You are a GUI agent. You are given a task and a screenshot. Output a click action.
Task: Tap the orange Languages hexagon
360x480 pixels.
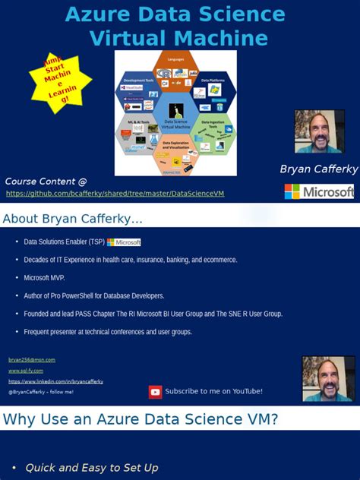coord(175,66)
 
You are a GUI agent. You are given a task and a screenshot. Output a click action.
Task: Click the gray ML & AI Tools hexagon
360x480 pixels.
coord(138,134)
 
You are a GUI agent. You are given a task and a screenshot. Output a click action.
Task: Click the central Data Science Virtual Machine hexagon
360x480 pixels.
coord(175,112)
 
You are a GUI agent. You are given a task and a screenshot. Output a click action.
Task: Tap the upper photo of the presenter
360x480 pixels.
coord(319,131)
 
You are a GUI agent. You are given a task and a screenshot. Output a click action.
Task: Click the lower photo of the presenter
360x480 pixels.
coord(328,378)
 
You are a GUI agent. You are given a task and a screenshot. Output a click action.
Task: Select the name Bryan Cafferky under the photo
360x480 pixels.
coord(318,169)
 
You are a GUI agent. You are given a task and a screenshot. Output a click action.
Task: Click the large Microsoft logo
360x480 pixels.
coord(319,191)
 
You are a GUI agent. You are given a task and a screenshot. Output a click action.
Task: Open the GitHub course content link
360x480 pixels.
coord(115,194)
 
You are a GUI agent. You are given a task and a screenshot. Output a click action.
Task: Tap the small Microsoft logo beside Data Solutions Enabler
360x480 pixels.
coord(124,242)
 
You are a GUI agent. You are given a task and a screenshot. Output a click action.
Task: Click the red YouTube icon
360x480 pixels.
coord(155,392)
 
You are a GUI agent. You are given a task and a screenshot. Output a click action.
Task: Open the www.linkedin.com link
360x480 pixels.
coord(55,381)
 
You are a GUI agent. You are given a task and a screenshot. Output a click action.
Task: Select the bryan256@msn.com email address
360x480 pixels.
coord(32,360)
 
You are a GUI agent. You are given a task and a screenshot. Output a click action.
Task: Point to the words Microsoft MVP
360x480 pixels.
coord(45,277)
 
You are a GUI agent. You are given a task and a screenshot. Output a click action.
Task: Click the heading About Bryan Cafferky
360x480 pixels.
coord(72,219)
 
